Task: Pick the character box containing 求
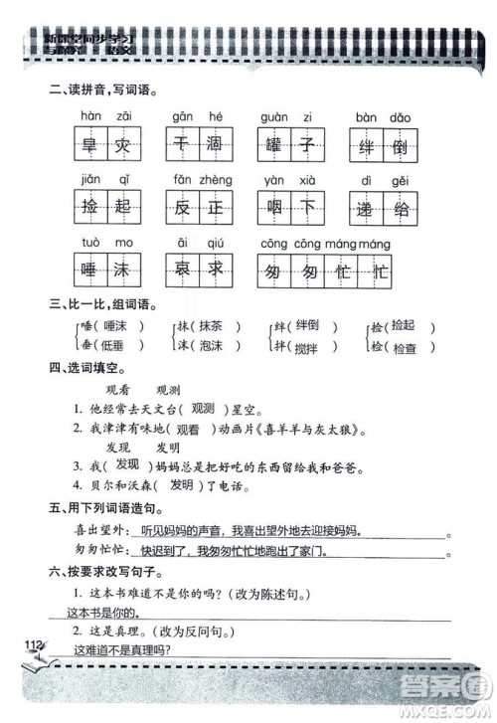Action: [214, 270]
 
